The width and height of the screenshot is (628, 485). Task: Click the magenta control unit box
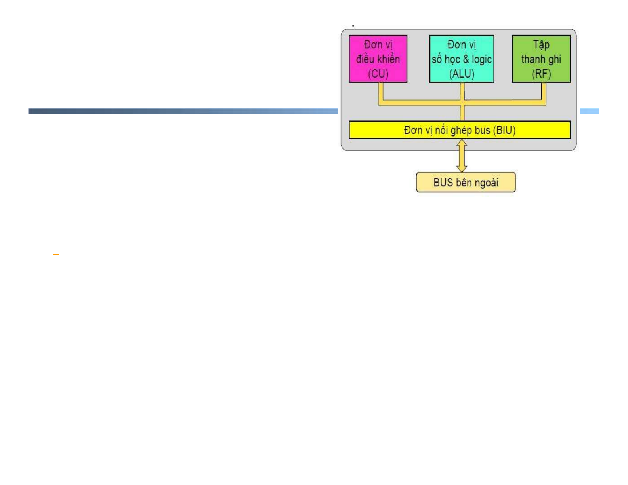[x=378, y=59]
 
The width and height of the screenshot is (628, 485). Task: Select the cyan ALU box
[x=462, y=59]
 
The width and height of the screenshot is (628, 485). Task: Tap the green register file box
[x=541, y=59]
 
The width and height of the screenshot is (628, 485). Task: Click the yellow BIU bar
[x=460, y=130]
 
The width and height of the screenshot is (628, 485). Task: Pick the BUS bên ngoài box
[x=466, y=183]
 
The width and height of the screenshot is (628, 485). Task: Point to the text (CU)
[x=378, y=74]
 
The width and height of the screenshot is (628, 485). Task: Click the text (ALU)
[x=462, y=74]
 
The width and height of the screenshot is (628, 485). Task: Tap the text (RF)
[x=541, y=74]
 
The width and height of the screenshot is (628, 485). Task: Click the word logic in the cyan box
[x=481, y=59]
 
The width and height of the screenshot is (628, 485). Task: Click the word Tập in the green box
[x=541, y=45]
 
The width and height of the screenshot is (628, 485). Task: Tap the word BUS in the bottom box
[x=443, y=183]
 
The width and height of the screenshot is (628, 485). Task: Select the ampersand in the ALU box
[x=466, y=59]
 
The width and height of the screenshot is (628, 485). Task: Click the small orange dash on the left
[x=56, y=254]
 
